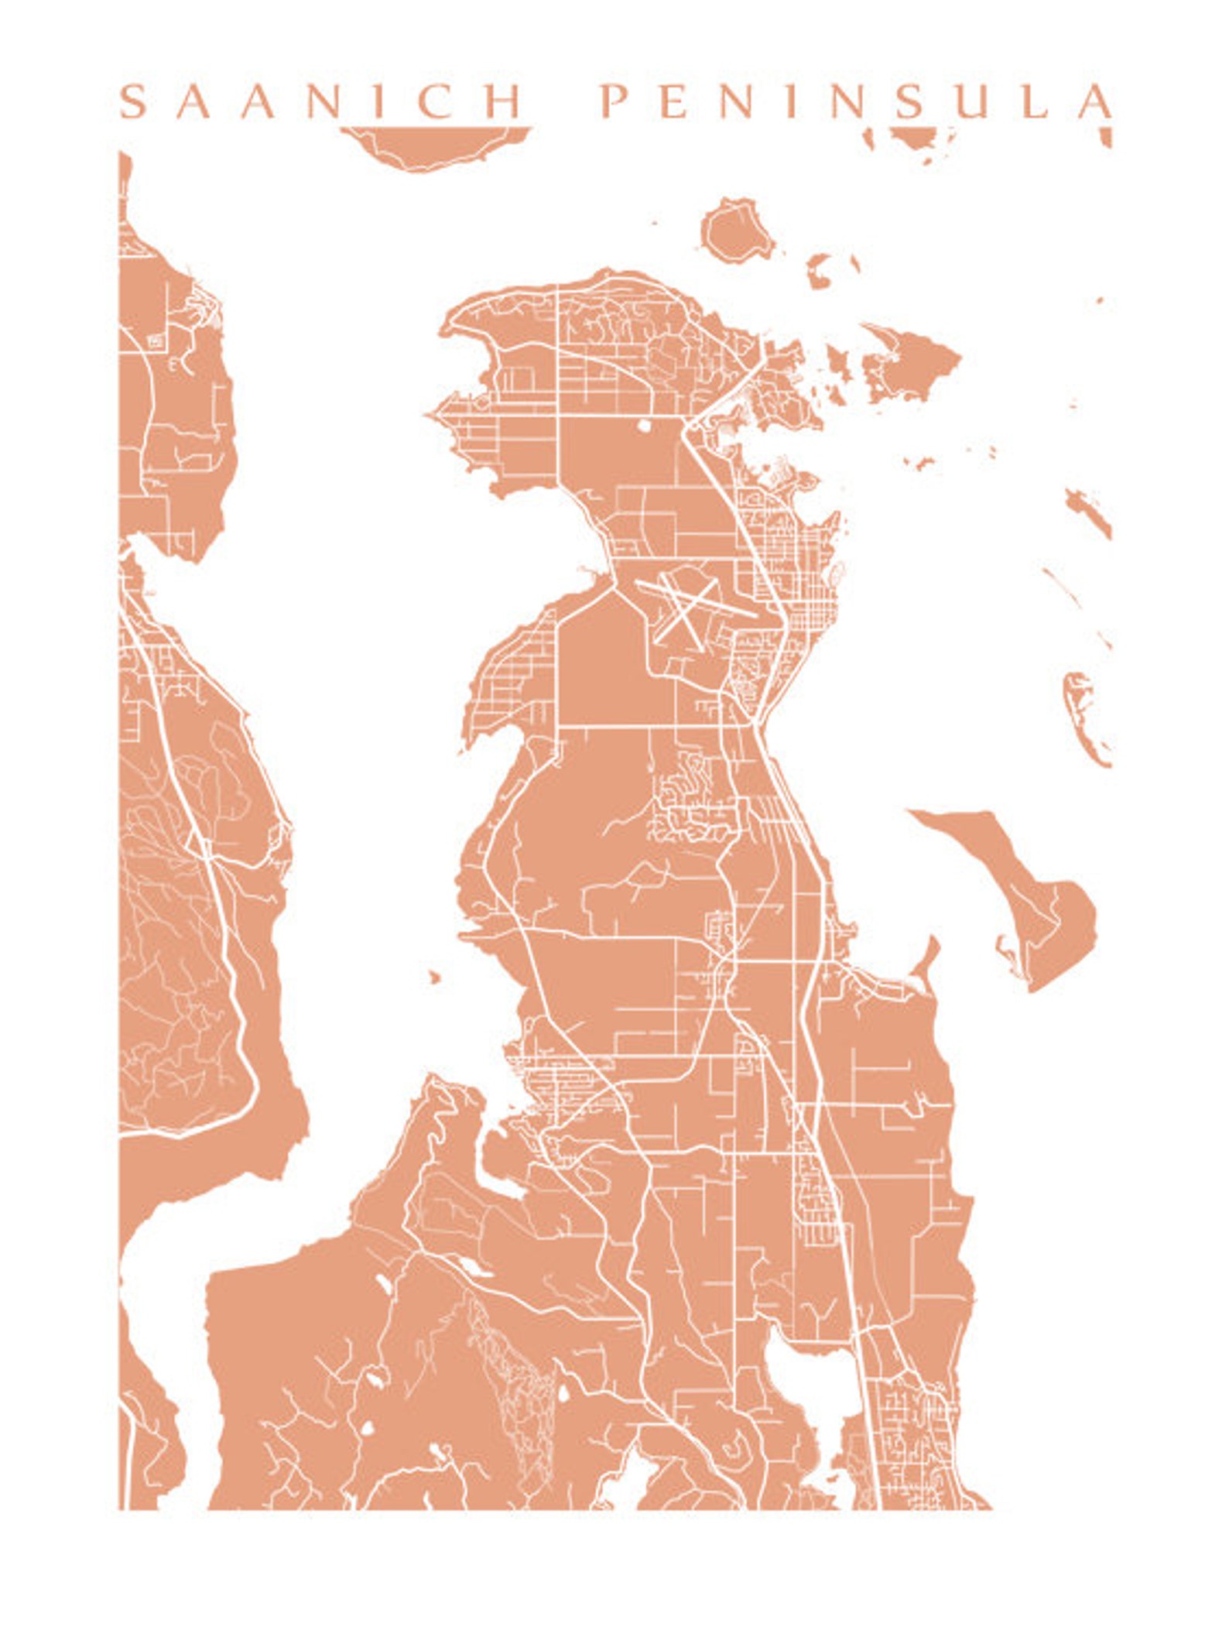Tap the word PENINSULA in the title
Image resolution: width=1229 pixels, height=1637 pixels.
point(857,101)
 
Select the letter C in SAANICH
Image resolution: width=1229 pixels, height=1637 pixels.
point(436,101)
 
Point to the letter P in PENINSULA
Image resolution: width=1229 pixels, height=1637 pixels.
point(614,101)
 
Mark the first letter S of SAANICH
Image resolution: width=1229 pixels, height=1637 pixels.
point(133,101)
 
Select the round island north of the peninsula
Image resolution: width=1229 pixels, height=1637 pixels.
point(735,231)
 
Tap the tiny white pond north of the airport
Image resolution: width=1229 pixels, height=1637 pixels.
point(645,425)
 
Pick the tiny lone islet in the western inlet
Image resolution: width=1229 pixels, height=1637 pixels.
point(434,976)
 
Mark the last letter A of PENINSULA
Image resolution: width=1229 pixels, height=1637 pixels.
point(1096,101)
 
